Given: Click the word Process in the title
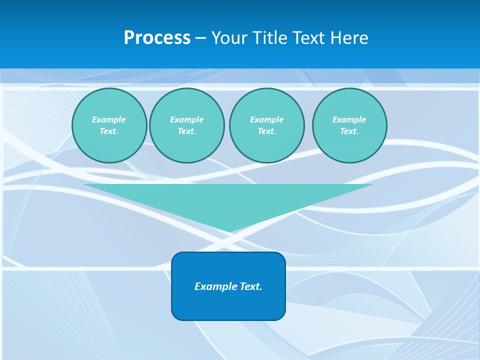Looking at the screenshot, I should point(157,38).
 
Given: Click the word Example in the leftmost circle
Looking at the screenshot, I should point(108,119).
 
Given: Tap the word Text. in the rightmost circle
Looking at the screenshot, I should point(349,131).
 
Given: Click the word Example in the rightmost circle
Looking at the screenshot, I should point(349,119).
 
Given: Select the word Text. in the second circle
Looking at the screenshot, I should point(186,131).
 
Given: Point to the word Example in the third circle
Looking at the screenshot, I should point(266,119).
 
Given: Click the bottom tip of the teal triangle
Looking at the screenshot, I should point(229,231).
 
